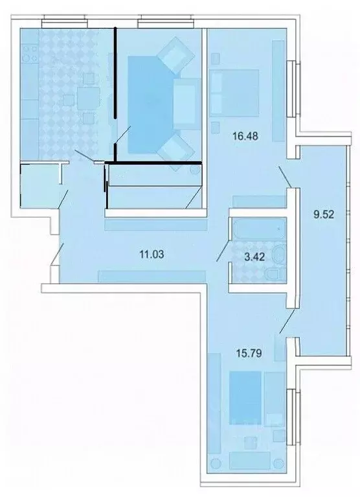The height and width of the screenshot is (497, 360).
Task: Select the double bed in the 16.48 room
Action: [x=236, y=93]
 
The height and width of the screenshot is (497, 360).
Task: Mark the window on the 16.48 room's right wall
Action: [x=294, y=89]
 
